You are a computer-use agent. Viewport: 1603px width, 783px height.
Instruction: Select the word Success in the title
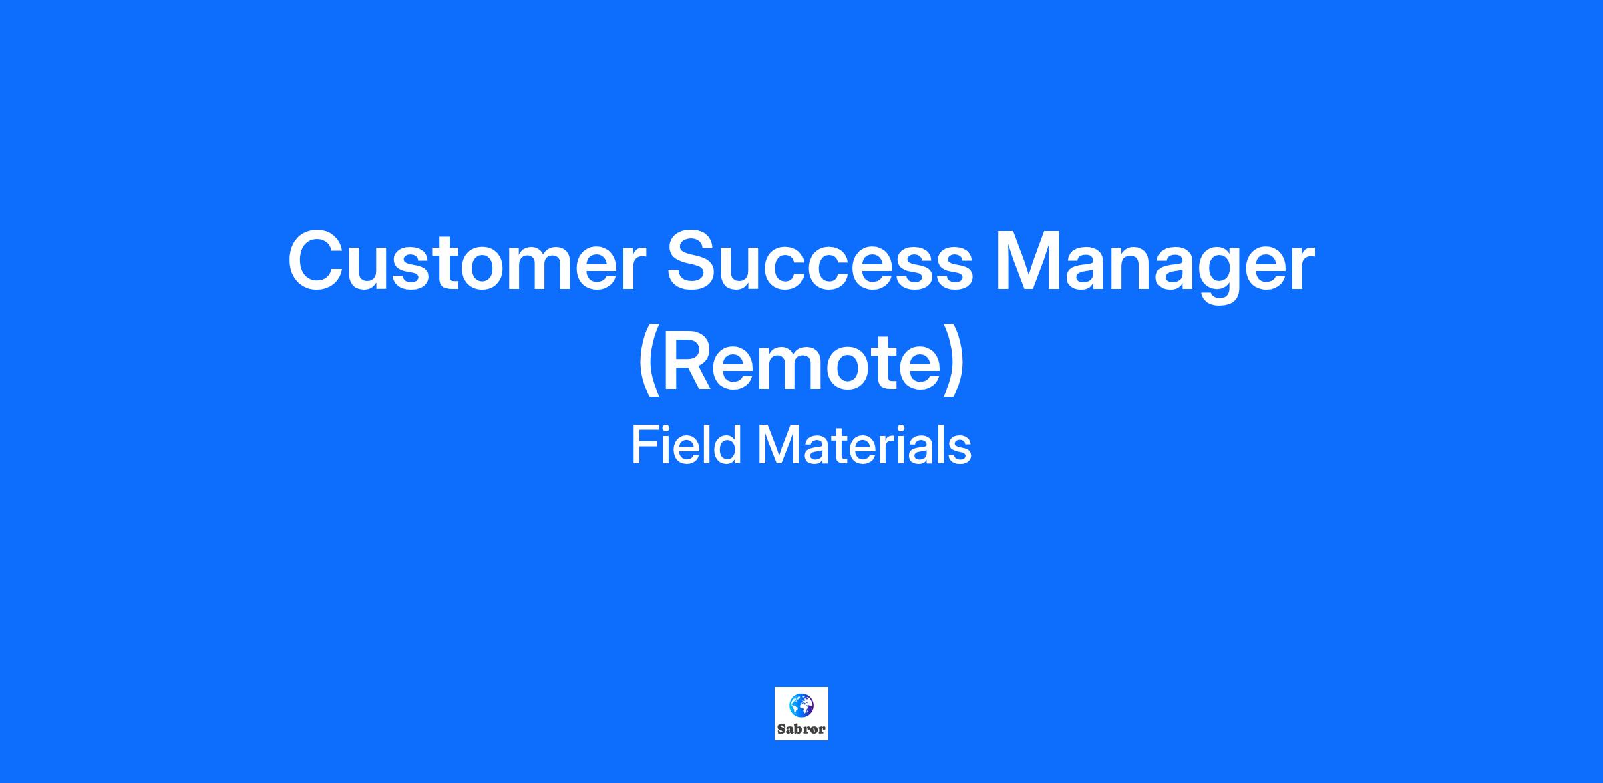click(820, 262)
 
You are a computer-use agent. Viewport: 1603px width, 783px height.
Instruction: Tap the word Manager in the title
click(1155, 267)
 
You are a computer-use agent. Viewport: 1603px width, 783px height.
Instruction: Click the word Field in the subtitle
click(686, 445)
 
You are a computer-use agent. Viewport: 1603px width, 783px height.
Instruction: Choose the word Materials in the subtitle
click(864, 445)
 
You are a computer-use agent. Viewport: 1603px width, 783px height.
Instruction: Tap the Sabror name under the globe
click(801, 730)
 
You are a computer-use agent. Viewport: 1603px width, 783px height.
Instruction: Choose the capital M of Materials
click(778, 445)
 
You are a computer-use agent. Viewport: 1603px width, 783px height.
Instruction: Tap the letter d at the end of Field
click(727, 445)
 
